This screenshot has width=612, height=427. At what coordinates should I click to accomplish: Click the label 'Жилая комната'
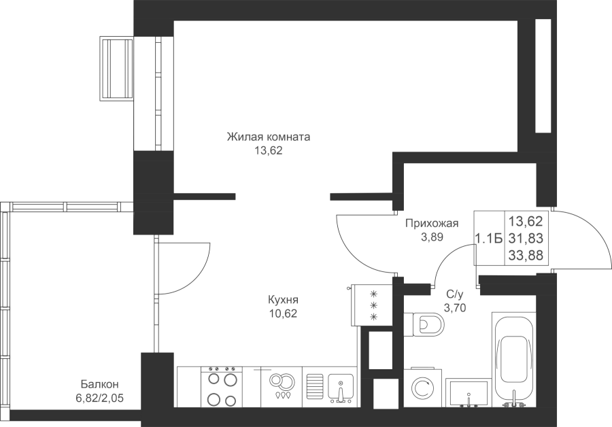[x=268, y=137]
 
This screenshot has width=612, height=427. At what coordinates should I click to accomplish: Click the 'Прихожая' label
[x=431, y=223]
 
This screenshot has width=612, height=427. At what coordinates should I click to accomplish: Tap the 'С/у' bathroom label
[x=454, y=294]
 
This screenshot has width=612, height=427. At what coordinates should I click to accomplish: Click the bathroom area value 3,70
[x=454, y=307]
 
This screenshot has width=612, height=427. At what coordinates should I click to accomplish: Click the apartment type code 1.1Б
[x=488, y=238]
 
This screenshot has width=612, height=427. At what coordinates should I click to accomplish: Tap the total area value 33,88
[x=525, y=256]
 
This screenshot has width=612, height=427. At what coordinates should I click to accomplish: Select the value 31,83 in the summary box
[x=525, y=238]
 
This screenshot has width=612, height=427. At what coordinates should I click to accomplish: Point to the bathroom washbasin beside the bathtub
[x=469, y=392]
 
